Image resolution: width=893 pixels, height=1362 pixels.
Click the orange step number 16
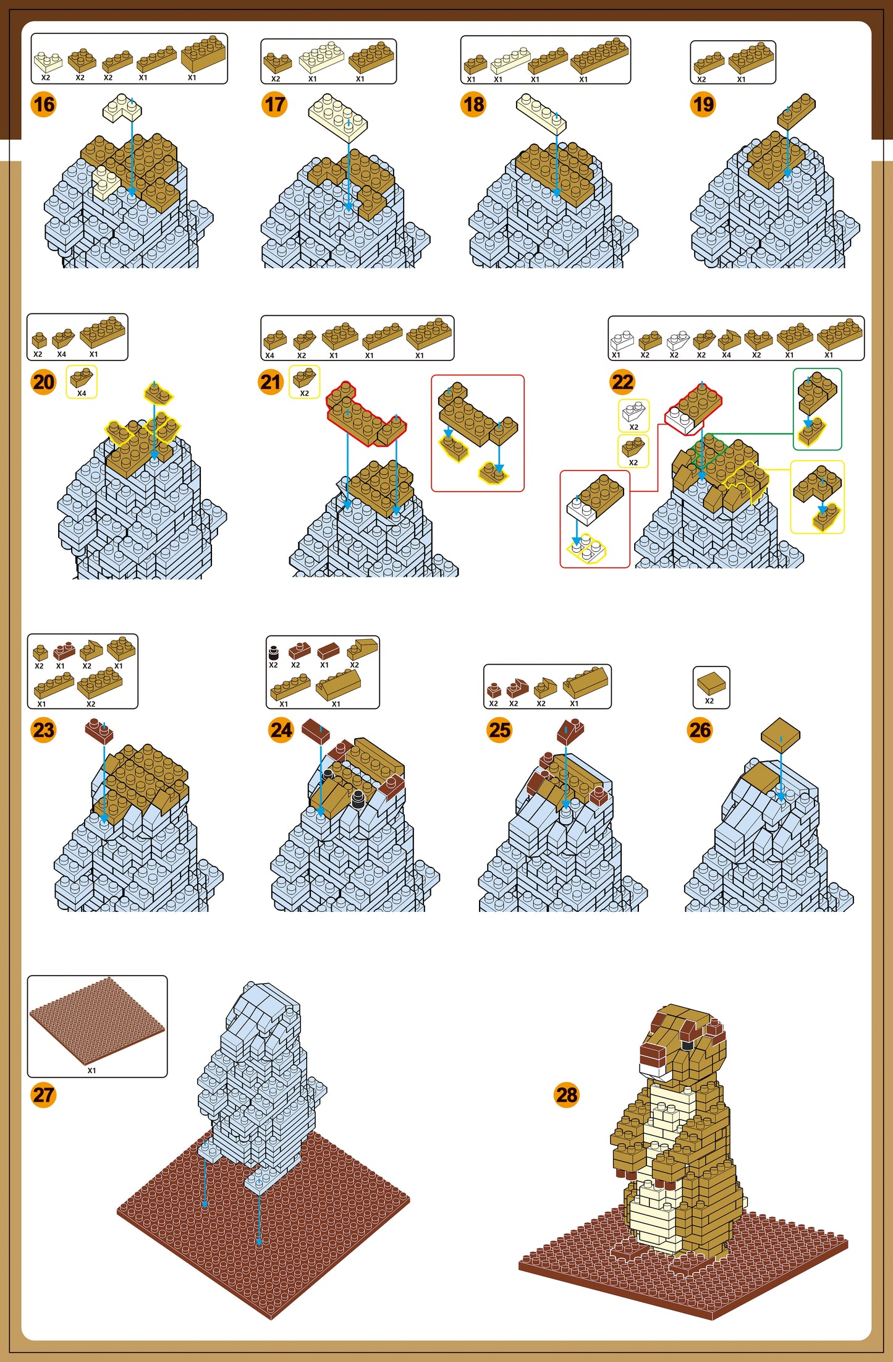pyautogui.click(x=43, y=104)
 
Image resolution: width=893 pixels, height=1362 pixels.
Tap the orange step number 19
pyautogui.click(x=703, y=104)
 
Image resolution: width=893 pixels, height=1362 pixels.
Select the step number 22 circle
pyautogui.click(x=622, y=382)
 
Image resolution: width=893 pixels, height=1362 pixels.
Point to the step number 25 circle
pyautogui.click(x=499, y=730)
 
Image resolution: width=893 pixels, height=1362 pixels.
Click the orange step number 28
pyautogui.click(x=566, y=1095)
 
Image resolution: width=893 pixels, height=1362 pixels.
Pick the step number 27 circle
pyautogui.click(x=43, y=1095)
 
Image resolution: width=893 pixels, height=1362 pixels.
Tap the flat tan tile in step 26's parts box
pyautogui.click(x=711, y=683)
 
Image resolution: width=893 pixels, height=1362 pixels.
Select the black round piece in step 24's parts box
pyautogui.click(x=274, y=652)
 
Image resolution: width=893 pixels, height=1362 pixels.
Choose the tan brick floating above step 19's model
pyautogui.click(x=797, y=111)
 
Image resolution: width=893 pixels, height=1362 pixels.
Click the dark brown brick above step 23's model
pyautogui.click(x=99, y=731)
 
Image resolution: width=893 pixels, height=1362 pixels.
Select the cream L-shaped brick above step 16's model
pyautogui.click(x=122, y=108)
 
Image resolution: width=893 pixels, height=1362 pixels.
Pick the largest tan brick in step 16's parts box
pyautogui.click(x=204, y=54)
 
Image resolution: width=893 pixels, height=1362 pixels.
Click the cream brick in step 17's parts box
pyautogui.click(x=321, y=57)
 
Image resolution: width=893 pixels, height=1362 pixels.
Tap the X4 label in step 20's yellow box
pyautogui.click(x=82, y=393)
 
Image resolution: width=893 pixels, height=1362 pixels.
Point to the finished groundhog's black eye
pyautogui.click(x=687, y=1045)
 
